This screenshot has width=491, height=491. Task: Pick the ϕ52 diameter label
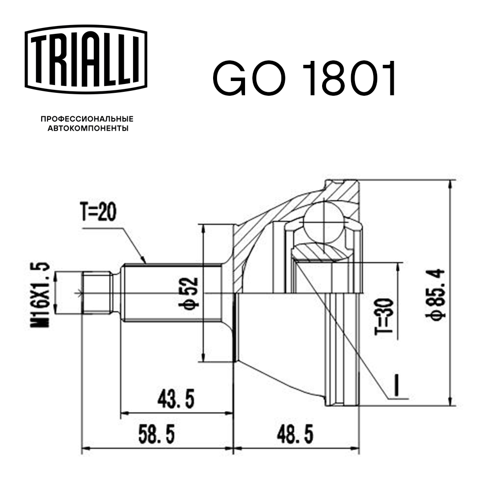coord(191,293)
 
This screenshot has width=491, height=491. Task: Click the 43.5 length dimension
coord(176,399)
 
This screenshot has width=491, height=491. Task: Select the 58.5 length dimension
coord(156,434)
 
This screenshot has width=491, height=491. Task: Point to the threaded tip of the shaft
coord(96,293)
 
